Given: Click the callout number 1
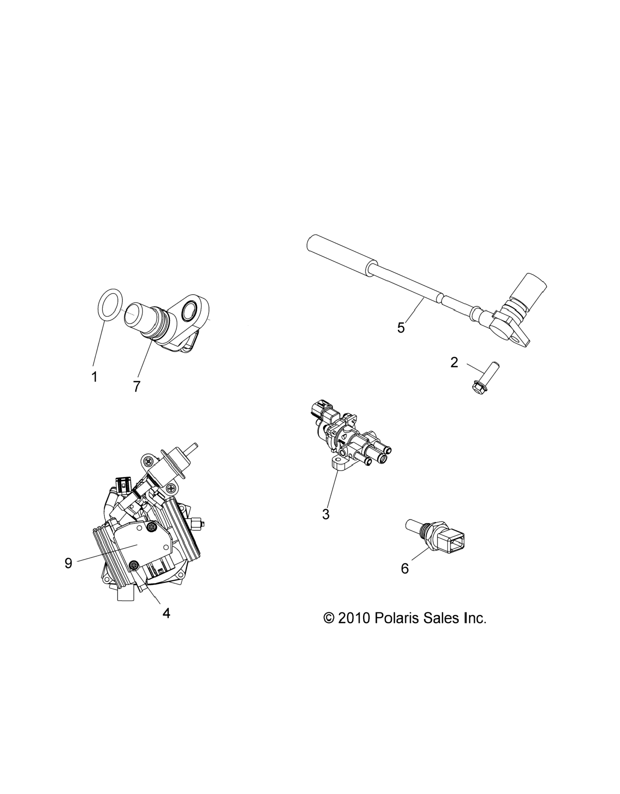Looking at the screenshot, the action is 94,377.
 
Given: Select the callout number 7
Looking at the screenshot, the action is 137,386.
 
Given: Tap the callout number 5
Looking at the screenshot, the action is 401,328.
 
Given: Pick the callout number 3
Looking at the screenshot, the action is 326,514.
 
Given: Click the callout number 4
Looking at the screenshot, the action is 166,614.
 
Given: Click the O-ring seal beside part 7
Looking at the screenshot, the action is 110,306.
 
